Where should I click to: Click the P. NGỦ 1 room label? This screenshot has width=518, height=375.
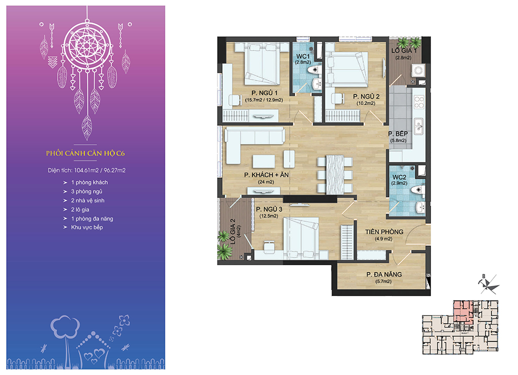(264, 93)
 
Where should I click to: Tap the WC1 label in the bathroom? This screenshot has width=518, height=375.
(303, 56)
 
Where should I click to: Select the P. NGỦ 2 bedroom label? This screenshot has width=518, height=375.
(366, 97)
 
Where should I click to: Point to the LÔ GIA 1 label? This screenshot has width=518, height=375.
(404, 51)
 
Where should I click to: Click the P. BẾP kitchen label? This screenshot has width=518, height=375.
(398, 134)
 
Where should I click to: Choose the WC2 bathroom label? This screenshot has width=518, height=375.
(399, 178)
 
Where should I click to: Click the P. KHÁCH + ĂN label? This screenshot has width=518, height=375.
(266, 175)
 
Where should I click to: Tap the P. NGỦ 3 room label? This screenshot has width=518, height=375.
(269, 209)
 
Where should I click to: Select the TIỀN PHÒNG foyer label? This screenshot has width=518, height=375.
(384, 232)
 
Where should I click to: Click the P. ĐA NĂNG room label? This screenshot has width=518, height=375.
(384, 274)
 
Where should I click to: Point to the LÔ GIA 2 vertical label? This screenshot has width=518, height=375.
(233, 231)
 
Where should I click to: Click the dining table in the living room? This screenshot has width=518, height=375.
(335, 175)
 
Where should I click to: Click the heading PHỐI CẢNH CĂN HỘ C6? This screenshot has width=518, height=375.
(85, 153)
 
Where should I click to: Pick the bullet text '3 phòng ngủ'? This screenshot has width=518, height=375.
(87, 191)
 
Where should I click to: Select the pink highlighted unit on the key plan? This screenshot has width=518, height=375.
(462, 311)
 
